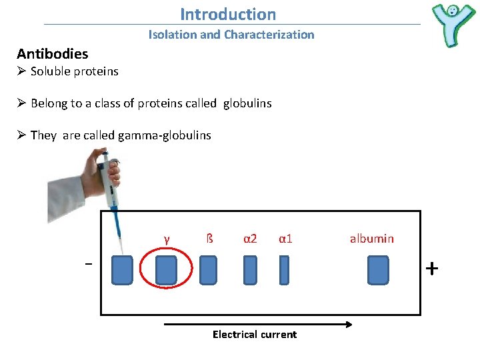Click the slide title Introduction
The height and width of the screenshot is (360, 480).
point(228,14)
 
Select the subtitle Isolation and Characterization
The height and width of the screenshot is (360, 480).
point(231,35)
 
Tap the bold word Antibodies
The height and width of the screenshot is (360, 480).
point(52,53)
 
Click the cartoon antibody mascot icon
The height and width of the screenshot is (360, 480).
point(453,23)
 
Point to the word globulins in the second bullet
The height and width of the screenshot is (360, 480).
point(247,103)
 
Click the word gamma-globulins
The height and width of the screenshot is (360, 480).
point(164,135)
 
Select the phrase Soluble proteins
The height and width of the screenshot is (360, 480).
point(74,71)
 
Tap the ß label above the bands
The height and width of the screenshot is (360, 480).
point(209,238)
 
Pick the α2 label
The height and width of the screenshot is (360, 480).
point(250,238)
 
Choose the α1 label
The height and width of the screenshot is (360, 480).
point(285,238)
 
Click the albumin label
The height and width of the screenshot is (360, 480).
point(371,238)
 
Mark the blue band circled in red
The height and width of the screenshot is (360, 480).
point(166,270)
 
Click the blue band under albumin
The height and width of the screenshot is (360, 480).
point(378,270)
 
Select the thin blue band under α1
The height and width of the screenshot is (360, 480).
point(284,270)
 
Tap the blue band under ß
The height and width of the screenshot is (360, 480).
point(209,270)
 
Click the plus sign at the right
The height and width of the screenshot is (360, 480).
point(432,269)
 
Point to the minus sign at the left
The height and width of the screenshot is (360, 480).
point(87,264)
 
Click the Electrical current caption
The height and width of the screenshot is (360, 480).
point(255,335)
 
